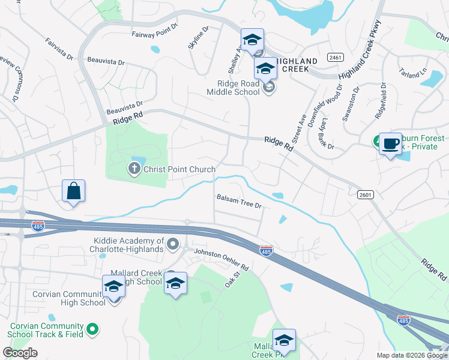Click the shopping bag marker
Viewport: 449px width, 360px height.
74,191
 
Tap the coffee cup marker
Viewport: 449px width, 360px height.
390,144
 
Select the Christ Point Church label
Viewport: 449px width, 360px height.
179,169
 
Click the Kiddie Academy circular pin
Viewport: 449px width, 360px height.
173,244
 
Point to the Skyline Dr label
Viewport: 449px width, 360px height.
198,38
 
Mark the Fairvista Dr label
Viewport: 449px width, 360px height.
59,50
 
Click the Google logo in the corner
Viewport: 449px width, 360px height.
20,353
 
